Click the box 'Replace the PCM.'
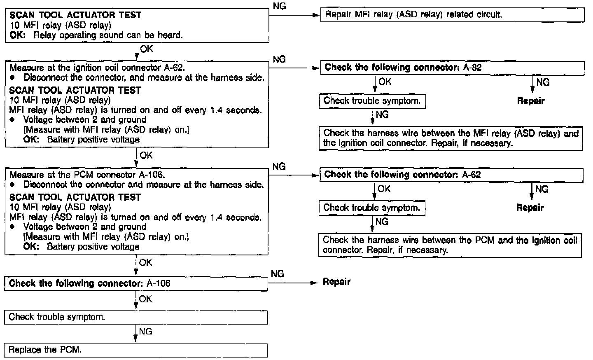(135, 350)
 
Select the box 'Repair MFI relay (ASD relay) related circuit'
(452, 15)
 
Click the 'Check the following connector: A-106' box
(136, 283)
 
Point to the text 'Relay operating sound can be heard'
(108, 35)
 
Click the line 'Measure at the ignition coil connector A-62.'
(97, 68)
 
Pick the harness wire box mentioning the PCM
(450, 245)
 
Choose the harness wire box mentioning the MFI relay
(451, 138)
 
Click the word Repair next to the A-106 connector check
(336, 282)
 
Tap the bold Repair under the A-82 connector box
(531, 101)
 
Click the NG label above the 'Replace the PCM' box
(145, 331)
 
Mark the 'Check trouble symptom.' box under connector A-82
(372, 101)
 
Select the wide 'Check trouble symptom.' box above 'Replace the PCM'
(135, 317)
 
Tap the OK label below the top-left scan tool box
(146, 49)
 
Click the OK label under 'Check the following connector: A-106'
(145, 299)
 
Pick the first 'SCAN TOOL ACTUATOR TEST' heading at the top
(75, 15)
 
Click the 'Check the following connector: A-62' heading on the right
(402, 175)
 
